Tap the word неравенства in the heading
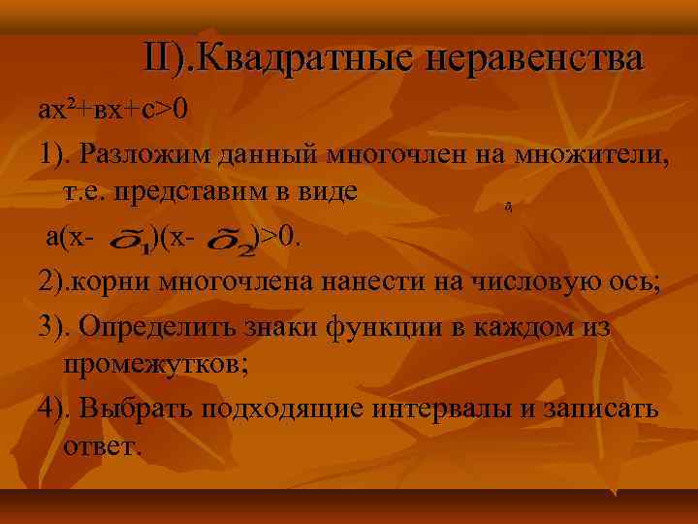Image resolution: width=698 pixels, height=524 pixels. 532,57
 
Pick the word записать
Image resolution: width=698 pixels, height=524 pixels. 604,408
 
